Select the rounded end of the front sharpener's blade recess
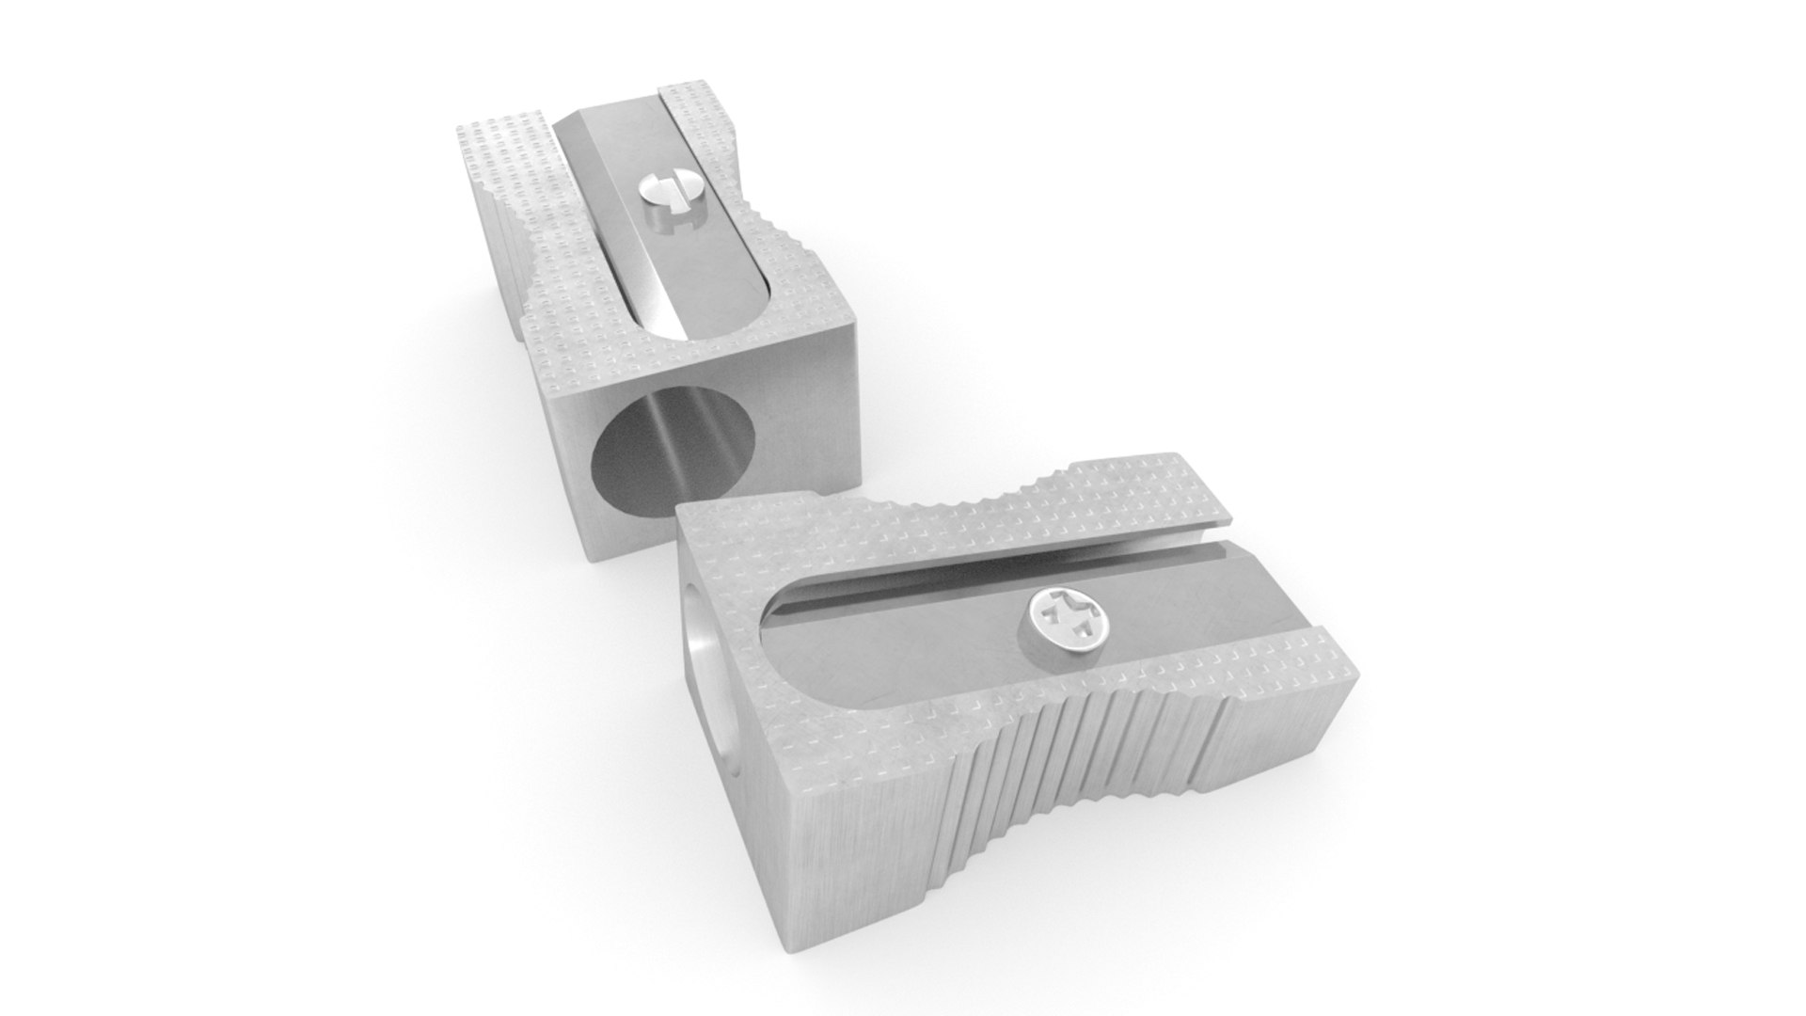[x=781, y=649]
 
